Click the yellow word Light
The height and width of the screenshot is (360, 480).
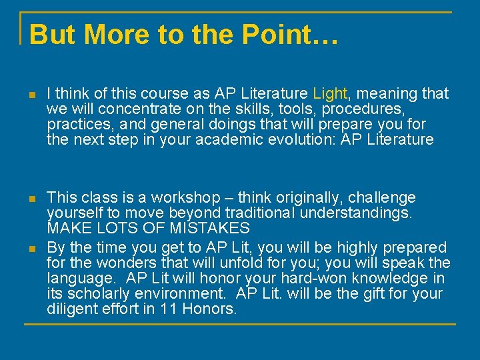click(328, 94)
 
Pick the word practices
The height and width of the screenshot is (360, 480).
click(73, 125)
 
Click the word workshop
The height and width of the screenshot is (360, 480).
click(185, 198)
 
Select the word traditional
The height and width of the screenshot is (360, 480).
click(257, 213)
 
